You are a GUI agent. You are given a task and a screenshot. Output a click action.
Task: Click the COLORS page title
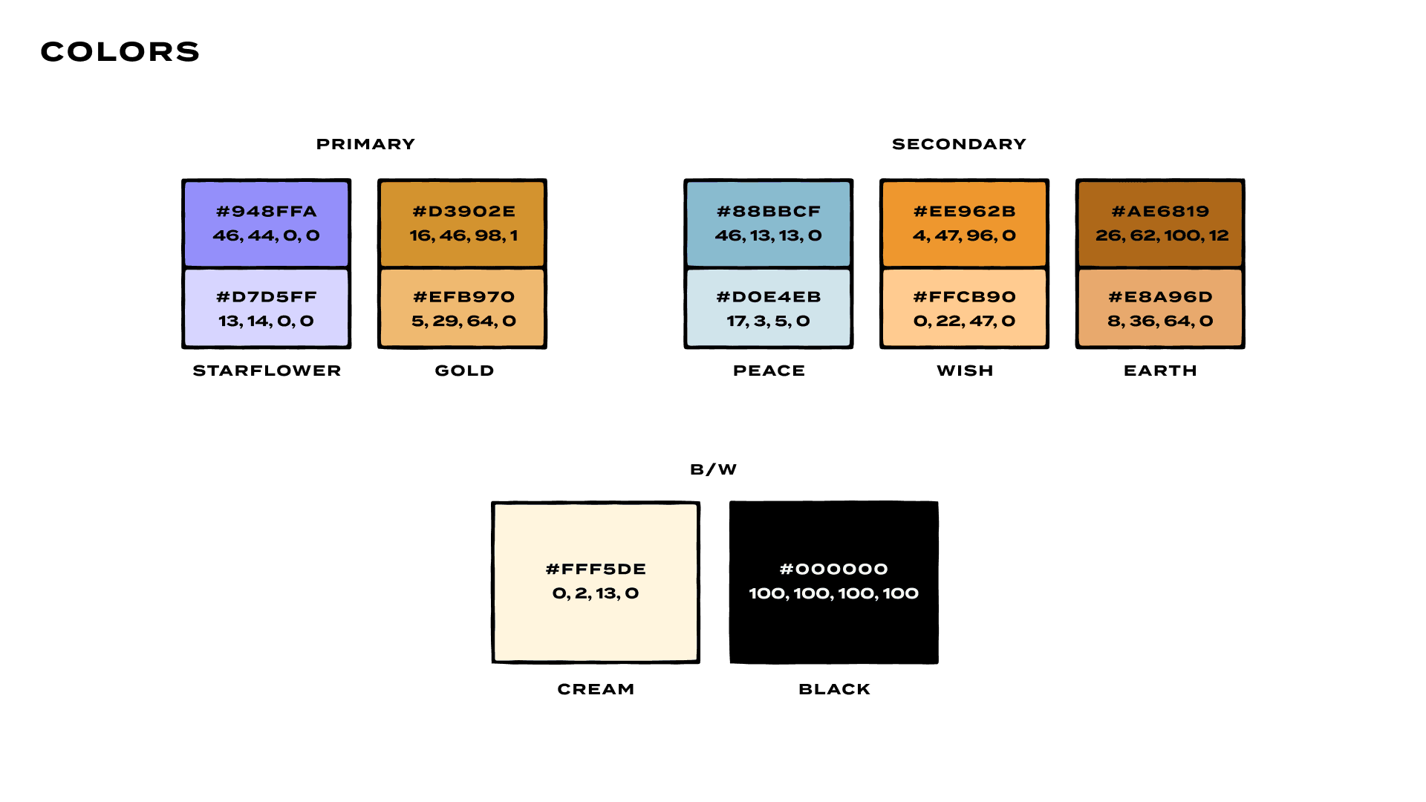(120, 52)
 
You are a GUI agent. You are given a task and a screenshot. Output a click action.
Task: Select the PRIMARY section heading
(365, 144)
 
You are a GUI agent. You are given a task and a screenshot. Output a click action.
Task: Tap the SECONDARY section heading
(959, 144)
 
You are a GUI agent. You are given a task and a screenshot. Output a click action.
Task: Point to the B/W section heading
(713, 469)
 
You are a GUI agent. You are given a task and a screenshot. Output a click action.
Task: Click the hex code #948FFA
(266, 212)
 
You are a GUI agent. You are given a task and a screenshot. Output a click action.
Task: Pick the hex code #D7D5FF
(266, 297)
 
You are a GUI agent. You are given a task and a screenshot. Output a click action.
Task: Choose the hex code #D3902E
(463, 212)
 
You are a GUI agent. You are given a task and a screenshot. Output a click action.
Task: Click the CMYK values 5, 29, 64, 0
(463, 322)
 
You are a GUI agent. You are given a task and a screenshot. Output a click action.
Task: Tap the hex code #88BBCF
(769, 212)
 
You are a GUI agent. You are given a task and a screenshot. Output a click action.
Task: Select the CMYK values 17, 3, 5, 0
(769, 322)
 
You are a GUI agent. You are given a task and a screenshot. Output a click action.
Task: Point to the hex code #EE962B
(964, 212)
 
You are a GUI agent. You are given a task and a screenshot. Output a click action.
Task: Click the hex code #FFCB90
(964, 297)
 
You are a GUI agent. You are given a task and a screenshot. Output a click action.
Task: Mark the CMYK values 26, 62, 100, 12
(1162, 236)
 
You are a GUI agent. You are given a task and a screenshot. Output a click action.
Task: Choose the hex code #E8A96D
(1160, 297)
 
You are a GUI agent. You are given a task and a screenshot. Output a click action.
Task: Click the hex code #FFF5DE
(596, 570)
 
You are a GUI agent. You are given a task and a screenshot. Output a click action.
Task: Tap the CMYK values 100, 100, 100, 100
(833, 593)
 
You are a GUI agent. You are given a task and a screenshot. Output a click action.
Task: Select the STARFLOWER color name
(267, 371)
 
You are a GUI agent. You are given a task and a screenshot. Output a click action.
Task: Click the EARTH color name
(1160, 371)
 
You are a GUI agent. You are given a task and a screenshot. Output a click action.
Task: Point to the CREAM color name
(596, 689)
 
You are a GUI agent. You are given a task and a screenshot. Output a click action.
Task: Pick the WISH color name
(964, 371)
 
